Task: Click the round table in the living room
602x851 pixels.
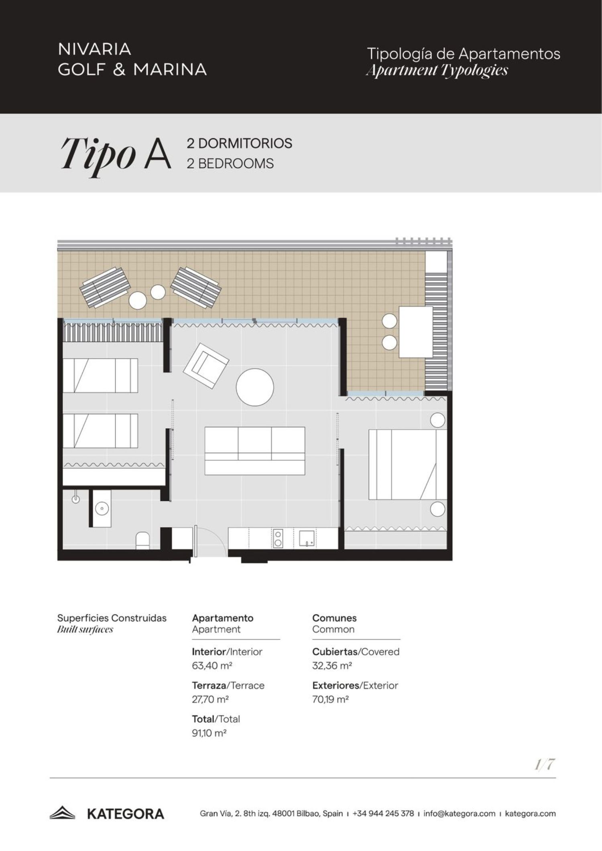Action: [x=255, y=387]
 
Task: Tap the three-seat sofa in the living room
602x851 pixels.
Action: [x=255, y=451]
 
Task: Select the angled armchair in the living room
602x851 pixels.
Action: [x=206, y=366]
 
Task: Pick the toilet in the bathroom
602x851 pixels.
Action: [x=142, y=540]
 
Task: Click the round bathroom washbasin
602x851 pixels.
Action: [x=102, y=508]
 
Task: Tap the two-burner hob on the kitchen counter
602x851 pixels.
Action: [x=277, y=538]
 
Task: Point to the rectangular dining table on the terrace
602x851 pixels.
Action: [x=416, y=331]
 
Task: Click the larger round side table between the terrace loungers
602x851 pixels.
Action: [x=138, y=300]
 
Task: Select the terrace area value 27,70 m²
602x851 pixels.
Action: [x=210, y=699]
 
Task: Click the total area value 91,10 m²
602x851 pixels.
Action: [x=209, y=733]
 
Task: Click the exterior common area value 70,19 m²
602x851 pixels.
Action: [x=330, y=699]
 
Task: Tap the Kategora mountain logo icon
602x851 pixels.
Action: [x=62, y=814]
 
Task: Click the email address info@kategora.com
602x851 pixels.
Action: [x=459, y=814]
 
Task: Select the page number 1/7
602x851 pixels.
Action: [x=545, y=765]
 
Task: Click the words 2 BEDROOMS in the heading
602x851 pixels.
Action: [x=230, y=164]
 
